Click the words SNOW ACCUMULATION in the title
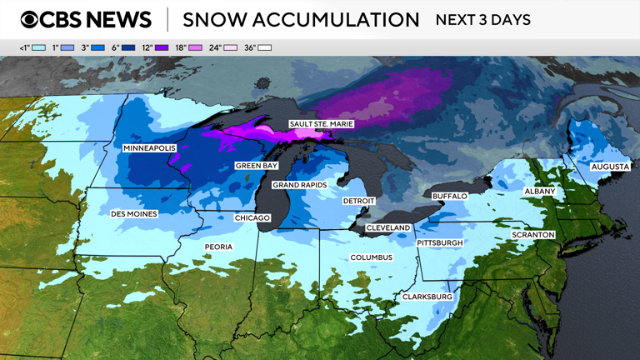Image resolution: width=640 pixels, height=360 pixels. click(301, 20)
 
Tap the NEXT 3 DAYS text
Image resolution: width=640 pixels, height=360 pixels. click(482, 20)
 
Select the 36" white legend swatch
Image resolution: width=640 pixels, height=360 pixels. click(264, 48)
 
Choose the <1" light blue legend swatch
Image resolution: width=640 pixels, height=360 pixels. click(37, 48)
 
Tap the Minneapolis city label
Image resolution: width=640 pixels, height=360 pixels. click(150, 148)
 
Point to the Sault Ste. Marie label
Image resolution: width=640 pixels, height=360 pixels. click(322, 124)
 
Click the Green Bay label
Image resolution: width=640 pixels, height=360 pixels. click(256, 166)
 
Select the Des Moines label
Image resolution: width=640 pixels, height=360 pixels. click(134, 214)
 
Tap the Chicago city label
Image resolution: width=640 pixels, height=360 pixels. click(252, 218)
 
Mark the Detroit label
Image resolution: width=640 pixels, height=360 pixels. click(359, 202)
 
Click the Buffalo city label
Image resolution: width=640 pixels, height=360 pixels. click(450, 196)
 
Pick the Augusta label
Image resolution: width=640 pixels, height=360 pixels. click(610, 167)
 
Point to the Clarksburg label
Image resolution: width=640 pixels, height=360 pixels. click(427, 297)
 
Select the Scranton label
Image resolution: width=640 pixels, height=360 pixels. click(533, 235)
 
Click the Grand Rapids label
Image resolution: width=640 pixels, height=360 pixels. click(299, 185)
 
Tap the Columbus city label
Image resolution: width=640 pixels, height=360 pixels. click(371, 257)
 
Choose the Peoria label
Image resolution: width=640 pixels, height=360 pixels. click(219, 247)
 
